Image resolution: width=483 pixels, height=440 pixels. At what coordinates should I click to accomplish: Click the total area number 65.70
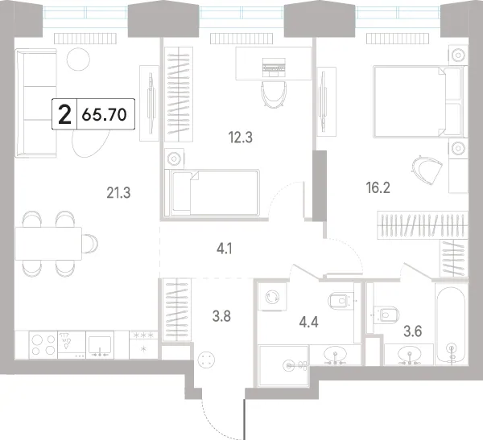[x=105, y=114]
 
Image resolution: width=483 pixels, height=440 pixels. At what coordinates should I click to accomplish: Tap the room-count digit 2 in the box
[x=64, y=114]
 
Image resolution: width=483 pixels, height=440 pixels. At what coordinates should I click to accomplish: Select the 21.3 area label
[x=118, y=193]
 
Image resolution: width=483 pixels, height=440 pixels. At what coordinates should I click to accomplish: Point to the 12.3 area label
[x=241, y=138]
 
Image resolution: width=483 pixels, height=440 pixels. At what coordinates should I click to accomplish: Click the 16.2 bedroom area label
[x=378, y=187]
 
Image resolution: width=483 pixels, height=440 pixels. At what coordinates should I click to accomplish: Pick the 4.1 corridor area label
[x=225, y=249]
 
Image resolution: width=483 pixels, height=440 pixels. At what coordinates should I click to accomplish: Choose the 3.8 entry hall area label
[x=222, y=316]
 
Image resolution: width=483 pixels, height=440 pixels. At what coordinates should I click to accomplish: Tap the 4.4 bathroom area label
[x=309, y=322]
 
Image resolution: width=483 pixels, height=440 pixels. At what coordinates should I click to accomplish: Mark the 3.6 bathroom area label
[x=413, y=331]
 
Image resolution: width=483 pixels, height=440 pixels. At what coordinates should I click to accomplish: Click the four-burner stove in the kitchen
[x=43, y=345]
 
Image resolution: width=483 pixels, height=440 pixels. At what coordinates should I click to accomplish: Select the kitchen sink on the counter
[x=100, y=345]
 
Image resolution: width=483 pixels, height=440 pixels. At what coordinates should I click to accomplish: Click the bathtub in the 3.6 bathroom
[x=452, y=324]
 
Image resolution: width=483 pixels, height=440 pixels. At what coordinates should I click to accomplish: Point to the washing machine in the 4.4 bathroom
[x=273, y=297]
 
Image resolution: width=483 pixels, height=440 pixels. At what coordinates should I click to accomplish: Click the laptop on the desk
[x=274, y=67]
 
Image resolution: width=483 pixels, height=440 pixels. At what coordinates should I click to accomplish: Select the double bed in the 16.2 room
[x=419, y=101]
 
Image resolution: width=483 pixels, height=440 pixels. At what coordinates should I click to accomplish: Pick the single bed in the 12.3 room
[x=212, y=192]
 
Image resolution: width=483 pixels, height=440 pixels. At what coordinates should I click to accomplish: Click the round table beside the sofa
[x=78, y=60]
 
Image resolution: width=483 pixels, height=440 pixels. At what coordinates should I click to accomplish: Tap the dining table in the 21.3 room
[x=48, y=244]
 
